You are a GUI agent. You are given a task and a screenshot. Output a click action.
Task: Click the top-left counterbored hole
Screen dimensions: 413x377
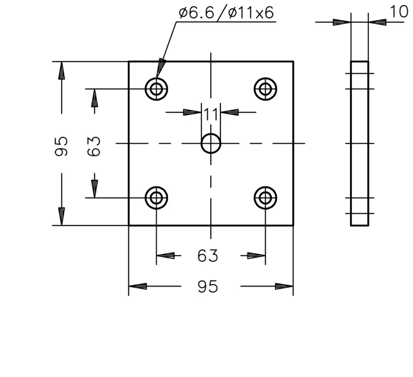pyautogui.click(x=157, y=78)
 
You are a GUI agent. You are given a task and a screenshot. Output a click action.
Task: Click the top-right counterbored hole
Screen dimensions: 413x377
pyautogui.click(x=266, y=78)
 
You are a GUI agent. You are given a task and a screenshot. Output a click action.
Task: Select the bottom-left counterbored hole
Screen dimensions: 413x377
pyautogui.click(x=157, y=187)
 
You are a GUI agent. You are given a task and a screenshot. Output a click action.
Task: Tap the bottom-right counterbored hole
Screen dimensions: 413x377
pyautogui.click(x=266, y=187)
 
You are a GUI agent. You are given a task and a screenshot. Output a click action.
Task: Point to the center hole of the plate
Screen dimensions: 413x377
pyautogui.click(x=211, y=134)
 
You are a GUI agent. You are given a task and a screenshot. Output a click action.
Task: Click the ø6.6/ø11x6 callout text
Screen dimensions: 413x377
pyautogui.click(x=227, y=13)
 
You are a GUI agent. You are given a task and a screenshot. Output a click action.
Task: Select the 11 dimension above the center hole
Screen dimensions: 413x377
pyautogui.click(x=211, y=114)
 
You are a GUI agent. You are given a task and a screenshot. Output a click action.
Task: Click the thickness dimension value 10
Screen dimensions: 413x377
pyautogui.click(x=399, y=11)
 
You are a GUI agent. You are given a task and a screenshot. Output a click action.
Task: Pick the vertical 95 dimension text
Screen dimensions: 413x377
pyautogui.click(x=61, y=146)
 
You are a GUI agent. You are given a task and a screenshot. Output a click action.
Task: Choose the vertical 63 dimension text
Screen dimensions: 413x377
pyautogui.click(x=94, y=146)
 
